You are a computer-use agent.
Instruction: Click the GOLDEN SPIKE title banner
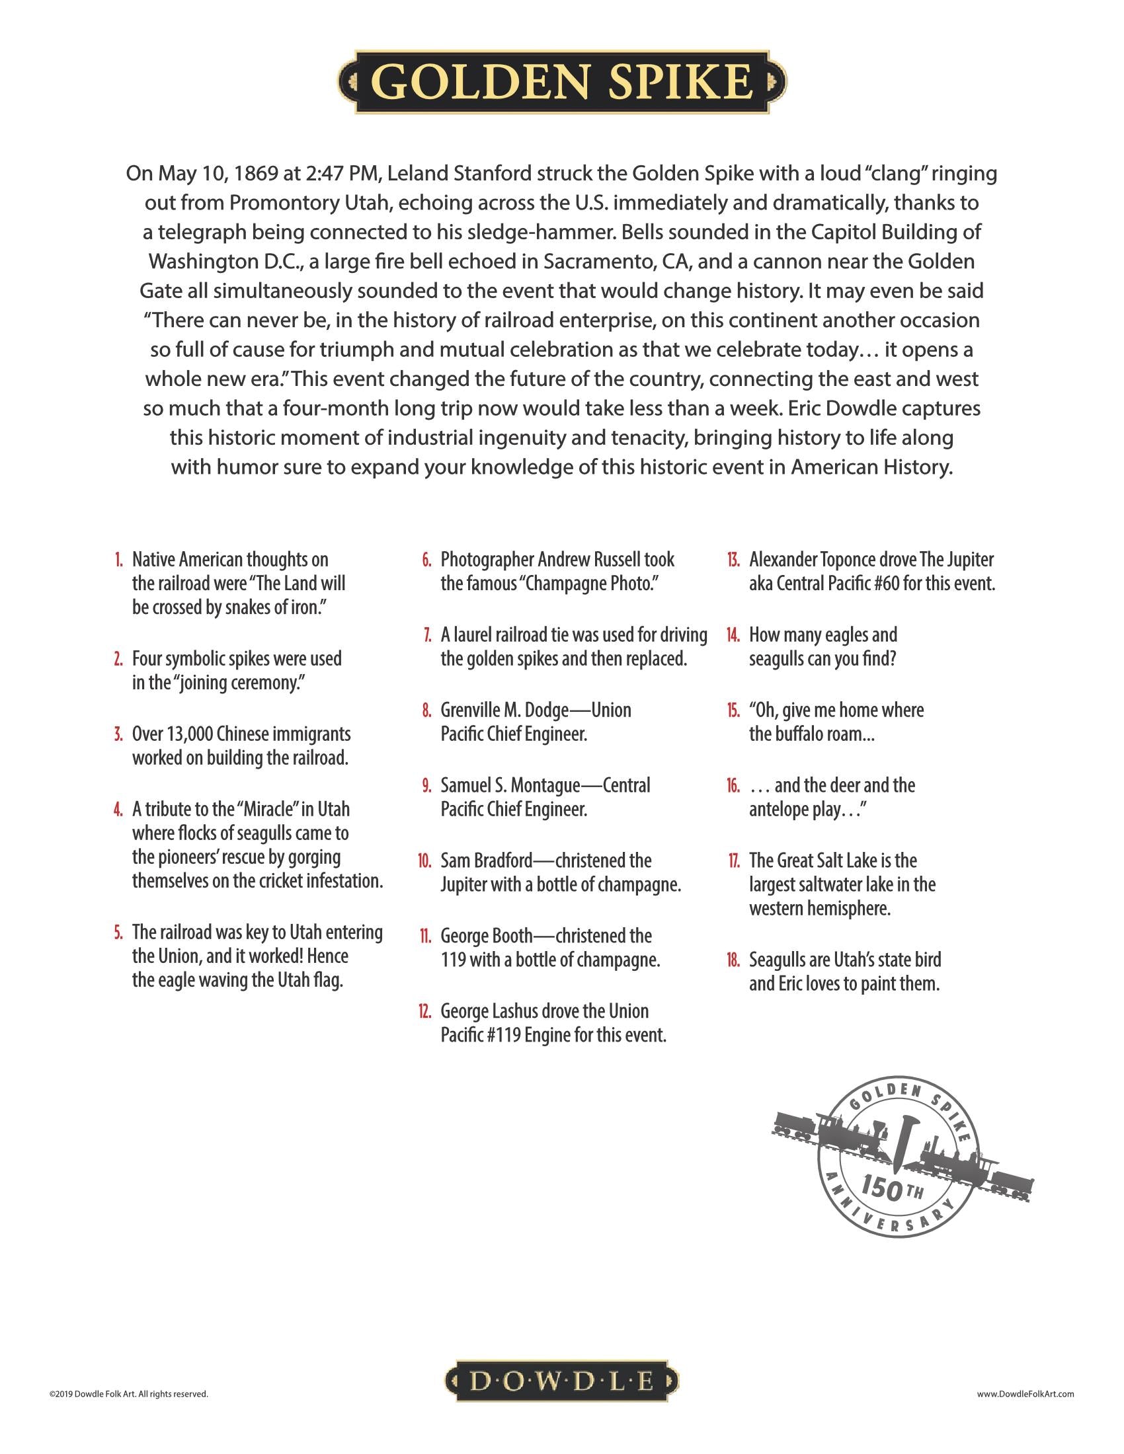(563, 82)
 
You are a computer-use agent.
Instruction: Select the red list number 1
(118, 559)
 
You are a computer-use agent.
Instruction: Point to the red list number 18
(733, 960)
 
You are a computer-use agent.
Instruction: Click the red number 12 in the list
(426, 1011)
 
